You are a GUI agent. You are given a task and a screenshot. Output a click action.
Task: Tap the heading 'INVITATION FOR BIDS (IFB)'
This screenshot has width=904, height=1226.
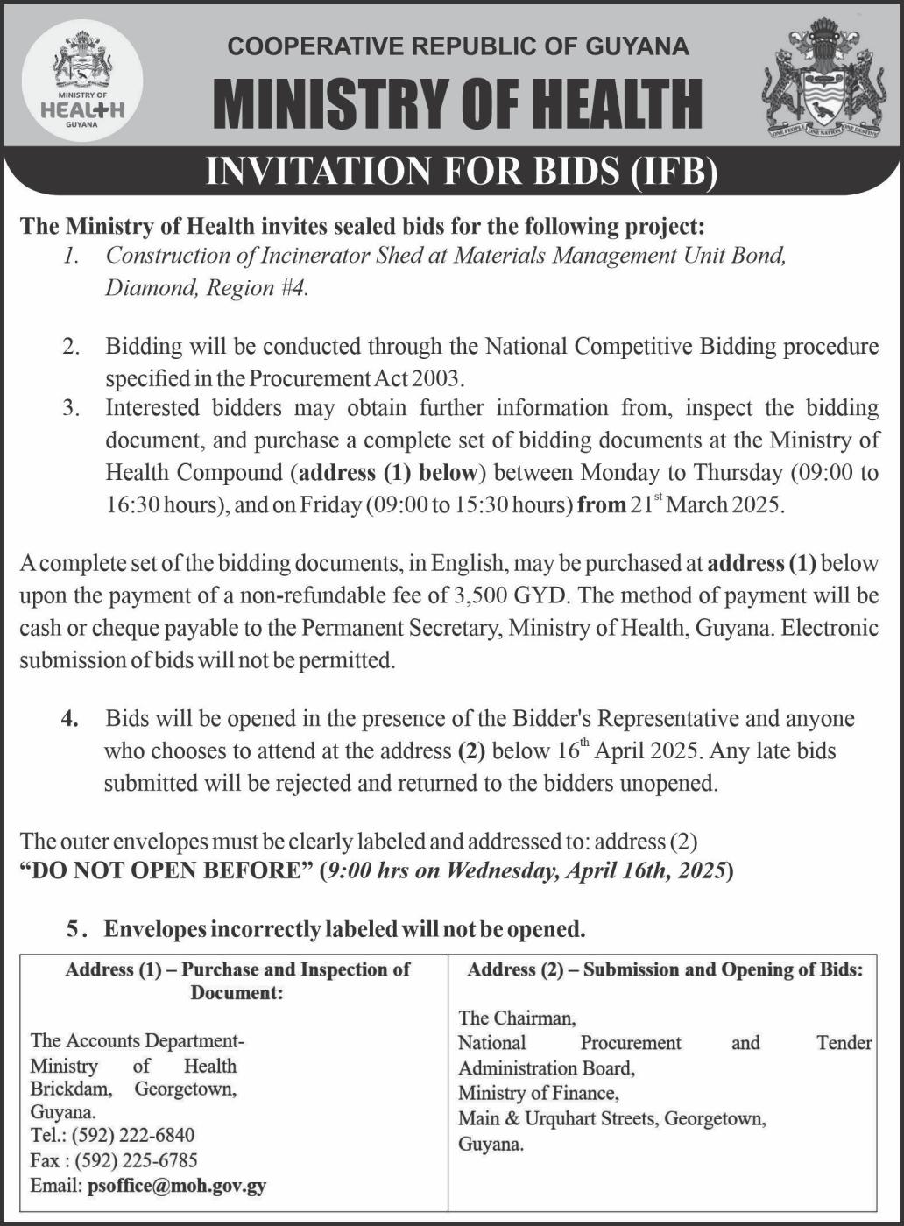click(462, 173)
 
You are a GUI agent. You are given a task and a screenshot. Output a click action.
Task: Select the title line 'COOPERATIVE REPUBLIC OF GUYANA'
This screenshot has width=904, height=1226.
click(458, 46)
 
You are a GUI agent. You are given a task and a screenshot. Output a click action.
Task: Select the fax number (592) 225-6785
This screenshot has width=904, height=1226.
click(136, 1160)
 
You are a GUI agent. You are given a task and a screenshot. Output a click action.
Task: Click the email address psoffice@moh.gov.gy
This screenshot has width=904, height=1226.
click(177, 1187)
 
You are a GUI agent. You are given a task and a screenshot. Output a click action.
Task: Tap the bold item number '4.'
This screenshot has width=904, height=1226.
click(70, 719)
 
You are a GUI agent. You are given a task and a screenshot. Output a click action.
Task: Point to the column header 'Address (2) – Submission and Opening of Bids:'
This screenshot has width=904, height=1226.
click(665, 969)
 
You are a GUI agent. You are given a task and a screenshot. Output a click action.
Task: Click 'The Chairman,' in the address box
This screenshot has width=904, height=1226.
click(517, 1018)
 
